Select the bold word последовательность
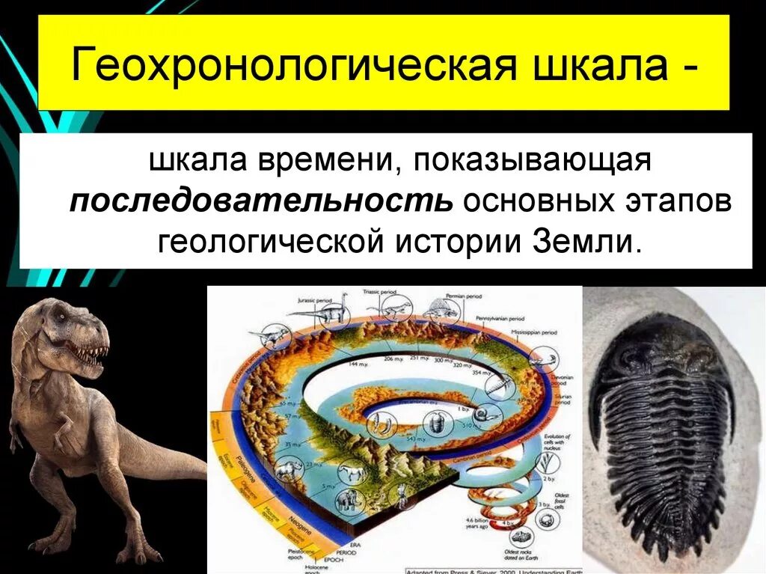click(x=261, y=202)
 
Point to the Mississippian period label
click(x=537, y=331)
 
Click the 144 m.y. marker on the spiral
click(x=356, y=363)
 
